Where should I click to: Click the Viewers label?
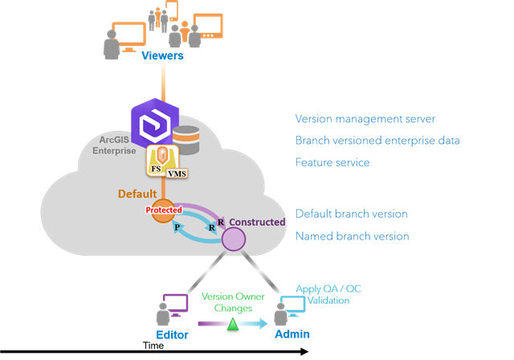click(x=162, y=55)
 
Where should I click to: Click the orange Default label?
click(x=137, y=194)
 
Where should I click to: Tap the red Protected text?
click(x=163, y=210)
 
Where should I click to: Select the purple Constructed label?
click(x=257, y=222)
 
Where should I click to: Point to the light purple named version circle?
click(x=233, y=239)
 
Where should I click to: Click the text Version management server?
click(x=365, y=119)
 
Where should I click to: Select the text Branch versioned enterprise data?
click(x=377, y=141)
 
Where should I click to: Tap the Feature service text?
click(x=332, y=162)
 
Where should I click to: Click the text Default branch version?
click(x=351, y=214)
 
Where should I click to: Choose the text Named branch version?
click(x=352, y=236)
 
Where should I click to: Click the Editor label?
click(x=173, y=333)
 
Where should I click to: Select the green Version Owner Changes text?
click(x=232, y=301)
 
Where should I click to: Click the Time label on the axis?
click(x=153, y=346)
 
